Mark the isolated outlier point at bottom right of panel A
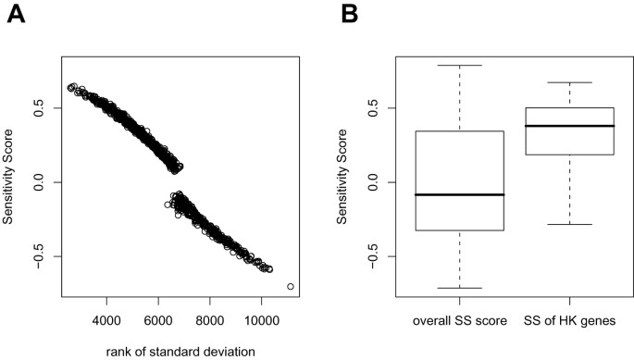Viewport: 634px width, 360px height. pyautogui.click(x=291, y=287)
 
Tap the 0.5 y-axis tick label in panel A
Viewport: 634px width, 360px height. pyautogui.click(x=38, y=108)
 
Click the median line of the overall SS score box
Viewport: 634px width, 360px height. pyautogui.click(x=460, y=195)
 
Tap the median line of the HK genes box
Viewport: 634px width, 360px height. pyautogui.click(x=569, y=126)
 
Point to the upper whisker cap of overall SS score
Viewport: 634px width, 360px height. pyautogui.click(x=460, y=66)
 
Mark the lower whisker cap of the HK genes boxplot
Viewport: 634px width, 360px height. pyautogui.click(x=569, y=225)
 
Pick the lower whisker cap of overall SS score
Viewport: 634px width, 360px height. pyautogui.click(x=460, y=288)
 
